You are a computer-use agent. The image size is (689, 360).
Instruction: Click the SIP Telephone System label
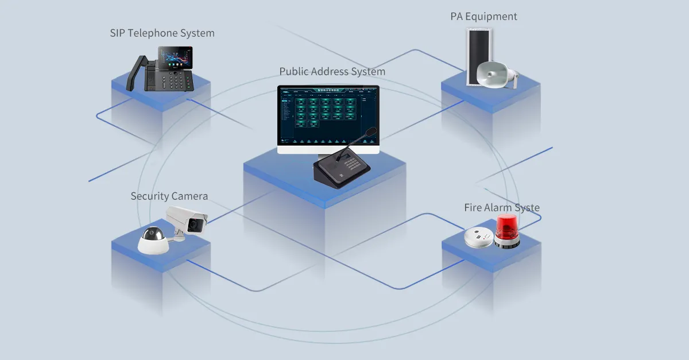[x=162, y=33]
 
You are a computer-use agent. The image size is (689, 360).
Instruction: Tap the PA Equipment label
[x=483, y=17]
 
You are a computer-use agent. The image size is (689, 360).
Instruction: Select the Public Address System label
[x=332, y=72]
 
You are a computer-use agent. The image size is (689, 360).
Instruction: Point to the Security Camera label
[x=169, y=196]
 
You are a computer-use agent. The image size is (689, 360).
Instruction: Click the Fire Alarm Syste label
[x=502, y=208]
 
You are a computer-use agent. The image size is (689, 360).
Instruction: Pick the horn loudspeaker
[x=497, y=74]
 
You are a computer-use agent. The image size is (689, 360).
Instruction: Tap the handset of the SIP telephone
[x=136, y=72]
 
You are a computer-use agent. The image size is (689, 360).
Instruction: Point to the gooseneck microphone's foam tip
[x=371, y=132]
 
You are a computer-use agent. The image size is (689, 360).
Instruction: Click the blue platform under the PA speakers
[x=491, y=95]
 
